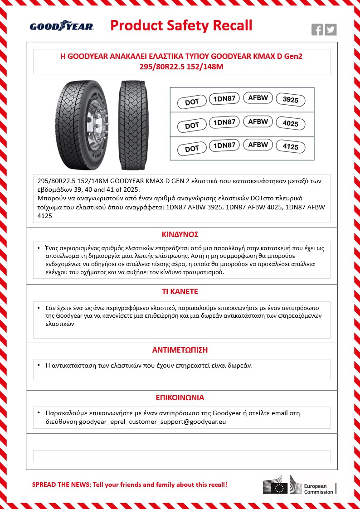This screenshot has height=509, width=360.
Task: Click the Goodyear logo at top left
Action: [62, 27]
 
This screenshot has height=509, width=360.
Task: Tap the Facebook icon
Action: [317, 29]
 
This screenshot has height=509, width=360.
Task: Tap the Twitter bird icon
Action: [331, 29]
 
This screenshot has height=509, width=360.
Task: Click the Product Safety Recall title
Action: [181, 25]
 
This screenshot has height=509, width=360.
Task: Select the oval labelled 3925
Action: [290, 100]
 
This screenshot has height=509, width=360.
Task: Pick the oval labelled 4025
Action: [290, 124]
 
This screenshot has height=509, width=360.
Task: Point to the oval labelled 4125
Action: [290, 147]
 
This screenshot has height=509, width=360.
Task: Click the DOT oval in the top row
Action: [192, 102]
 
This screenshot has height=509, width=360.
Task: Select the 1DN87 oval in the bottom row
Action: [224, 145]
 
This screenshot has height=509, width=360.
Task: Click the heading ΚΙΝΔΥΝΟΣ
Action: [180, 235]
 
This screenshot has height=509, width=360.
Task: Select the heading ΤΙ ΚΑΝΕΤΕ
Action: [180, 291]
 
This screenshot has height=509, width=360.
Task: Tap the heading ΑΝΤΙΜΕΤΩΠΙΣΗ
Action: [180, 350]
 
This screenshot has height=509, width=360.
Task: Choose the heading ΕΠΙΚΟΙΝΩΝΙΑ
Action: [180, 398]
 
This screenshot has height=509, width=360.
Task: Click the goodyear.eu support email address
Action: [152, 422]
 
